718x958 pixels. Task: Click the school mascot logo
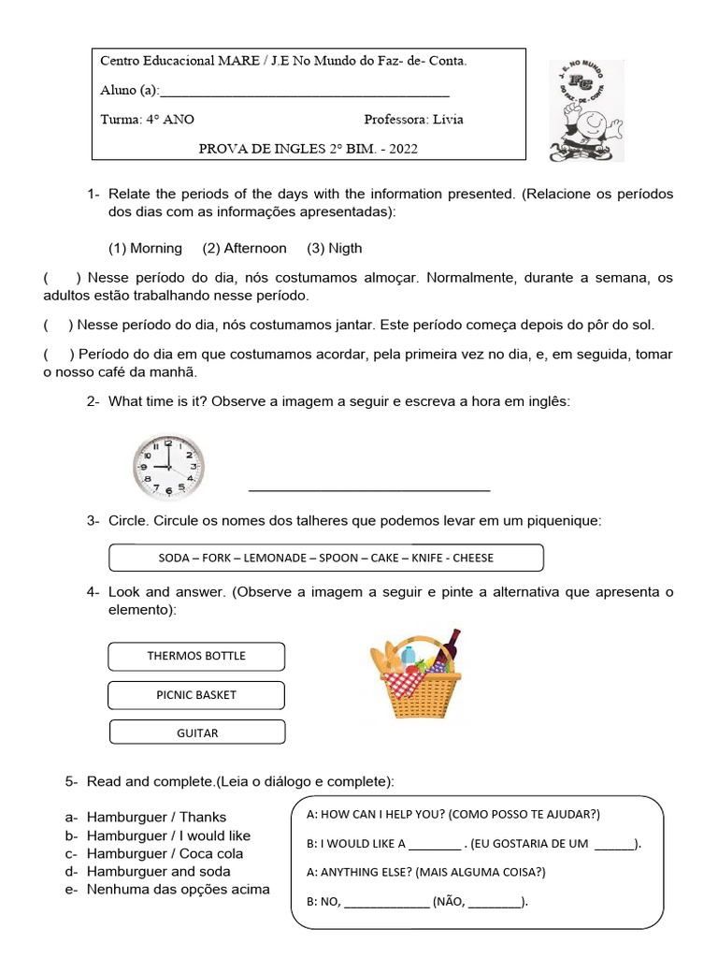tap(585, 111)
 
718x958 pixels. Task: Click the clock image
tap(167, 465)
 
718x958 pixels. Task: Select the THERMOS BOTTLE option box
tap(196, 656)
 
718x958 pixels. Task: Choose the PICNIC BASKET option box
tap(196, 695)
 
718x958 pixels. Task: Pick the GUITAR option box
tap(197, 733)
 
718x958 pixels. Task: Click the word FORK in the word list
tap(214, 558)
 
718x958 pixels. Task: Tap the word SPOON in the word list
tap(337, 558)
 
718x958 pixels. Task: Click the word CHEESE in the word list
tap(474, 558)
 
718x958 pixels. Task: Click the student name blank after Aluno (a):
tap(305, 92)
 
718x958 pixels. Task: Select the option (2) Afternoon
tap(244, 248)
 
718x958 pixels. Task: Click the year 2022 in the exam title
tap(400, 148)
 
